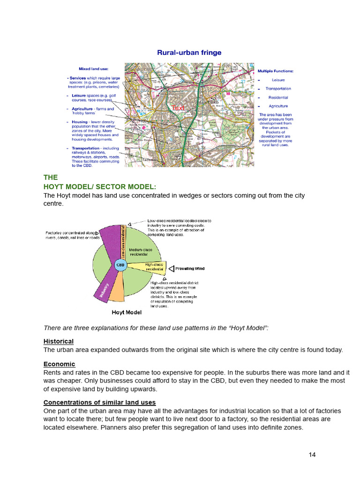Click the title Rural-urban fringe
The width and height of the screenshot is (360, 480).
(189, 53)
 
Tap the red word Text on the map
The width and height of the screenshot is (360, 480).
(179, 108)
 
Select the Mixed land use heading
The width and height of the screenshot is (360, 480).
(93, 69)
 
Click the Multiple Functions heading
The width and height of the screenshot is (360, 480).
(276, 71)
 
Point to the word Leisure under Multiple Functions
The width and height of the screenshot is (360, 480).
(278, 80)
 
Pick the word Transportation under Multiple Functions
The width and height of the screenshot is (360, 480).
(278, 89)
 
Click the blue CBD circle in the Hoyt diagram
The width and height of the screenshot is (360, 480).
(120, 265)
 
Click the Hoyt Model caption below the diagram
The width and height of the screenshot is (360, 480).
(127, 312)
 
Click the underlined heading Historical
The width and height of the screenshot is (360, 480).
(59, 341)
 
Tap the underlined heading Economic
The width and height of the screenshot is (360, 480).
(59, 364)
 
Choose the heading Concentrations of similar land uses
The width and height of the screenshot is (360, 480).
(99, 403)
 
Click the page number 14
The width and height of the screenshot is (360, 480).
(313, 454)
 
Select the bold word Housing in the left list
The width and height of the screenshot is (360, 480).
(80, 122)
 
